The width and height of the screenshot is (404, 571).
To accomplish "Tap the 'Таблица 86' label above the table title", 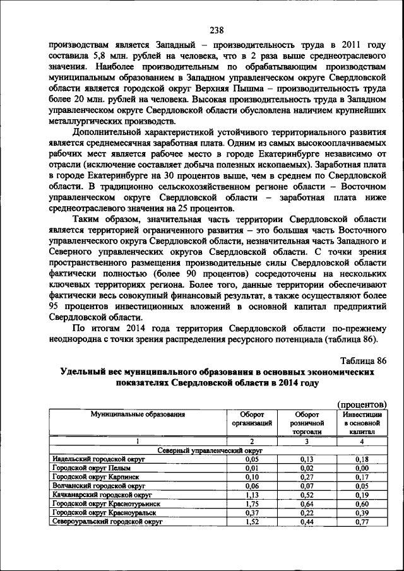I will coord(362,360).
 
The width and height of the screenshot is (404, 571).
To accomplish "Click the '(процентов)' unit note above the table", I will coord(362,404).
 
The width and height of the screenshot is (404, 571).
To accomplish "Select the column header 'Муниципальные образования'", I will coord(138,415).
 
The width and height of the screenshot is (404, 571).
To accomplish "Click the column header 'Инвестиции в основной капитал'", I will coord(362,423).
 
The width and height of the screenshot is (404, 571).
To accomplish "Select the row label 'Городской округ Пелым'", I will coord(86,469).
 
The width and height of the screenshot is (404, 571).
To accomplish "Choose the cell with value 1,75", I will coord(252,505).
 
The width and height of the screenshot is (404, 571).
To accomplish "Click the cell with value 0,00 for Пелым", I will coord(362,469).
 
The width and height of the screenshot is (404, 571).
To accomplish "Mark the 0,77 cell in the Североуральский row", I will coord(362,522).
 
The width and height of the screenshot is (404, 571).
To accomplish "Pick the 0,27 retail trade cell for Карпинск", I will coord(307,478).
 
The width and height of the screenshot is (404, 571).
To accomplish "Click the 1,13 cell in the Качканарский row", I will coord(252,495).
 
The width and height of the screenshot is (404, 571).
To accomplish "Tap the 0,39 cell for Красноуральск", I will coord(362,514).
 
